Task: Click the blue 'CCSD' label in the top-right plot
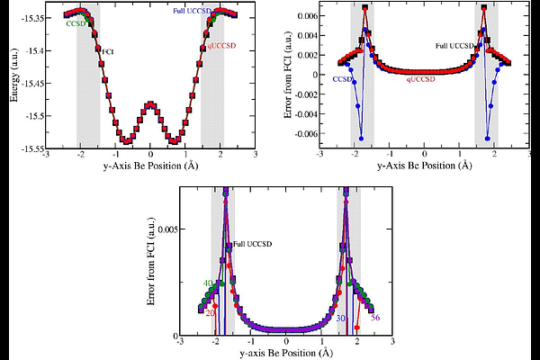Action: (342, 79)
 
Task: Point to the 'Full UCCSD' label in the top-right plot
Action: (454, 45)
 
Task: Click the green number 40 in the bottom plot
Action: (207, 283)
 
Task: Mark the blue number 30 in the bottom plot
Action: (341, 317)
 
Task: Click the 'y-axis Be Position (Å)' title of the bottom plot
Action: (286, 353)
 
